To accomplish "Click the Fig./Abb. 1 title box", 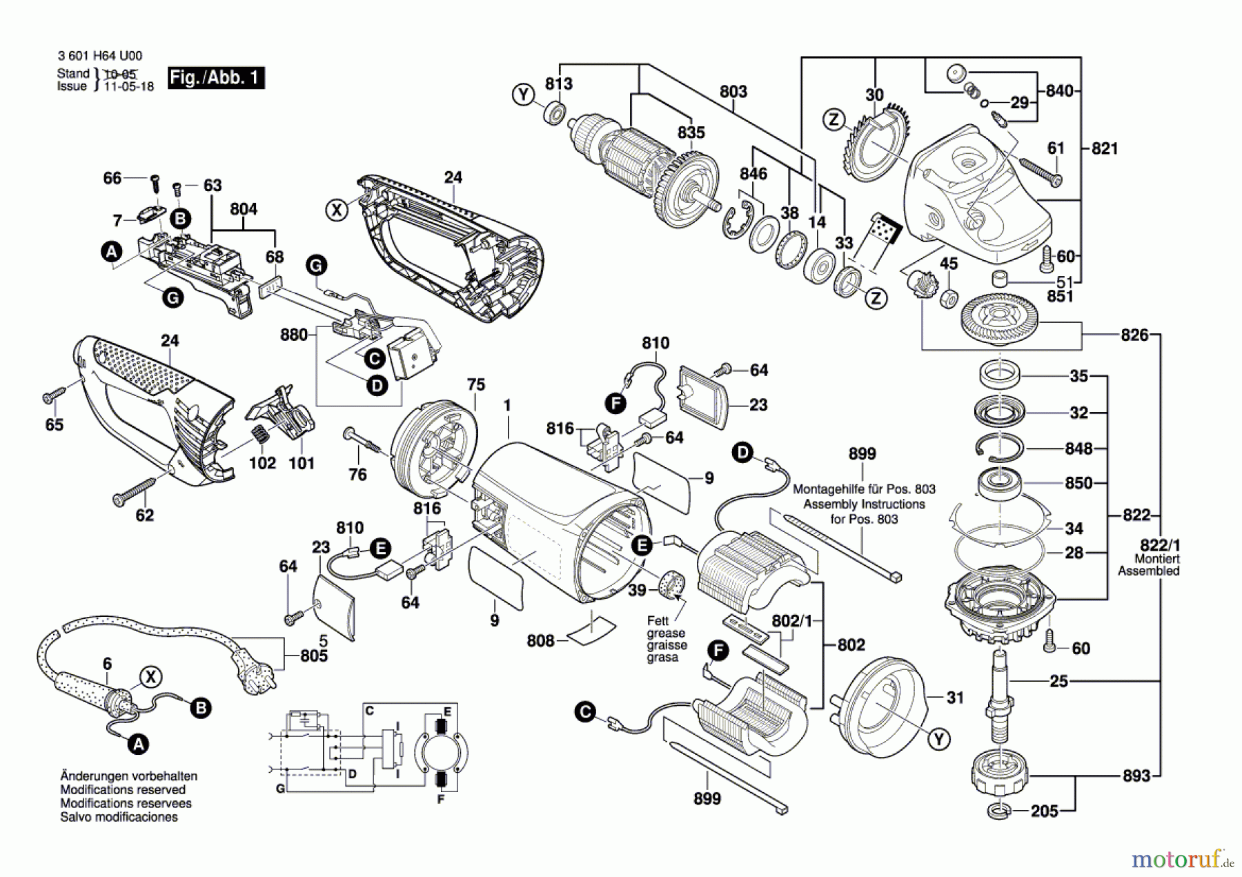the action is tap(216, 77).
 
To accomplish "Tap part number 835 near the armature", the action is tap(691, 132).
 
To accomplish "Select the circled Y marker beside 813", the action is tap(524, 94).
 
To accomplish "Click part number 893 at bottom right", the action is tap(1136, 776).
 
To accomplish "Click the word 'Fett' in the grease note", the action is tap(658, 621).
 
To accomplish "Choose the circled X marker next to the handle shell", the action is tap(337, 209).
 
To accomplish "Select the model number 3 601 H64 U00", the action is tap(101, 56).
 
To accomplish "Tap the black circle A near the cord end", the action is tap(139, 745).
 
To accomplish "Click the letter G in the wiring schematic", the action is tap(280, 788).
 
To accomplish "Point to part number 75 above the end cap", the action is tap(476, 385).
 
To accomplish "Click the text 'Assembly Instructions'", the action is tap(864, 504).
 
